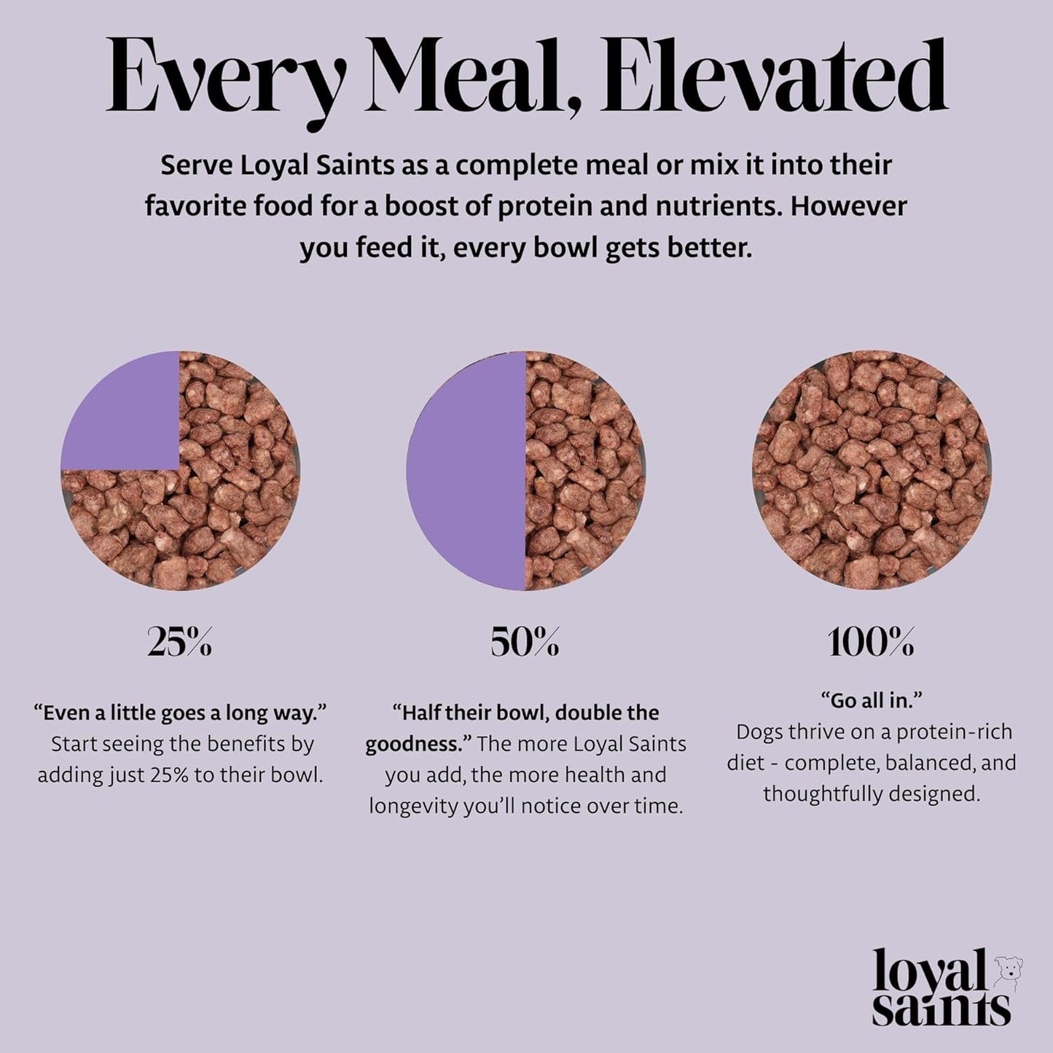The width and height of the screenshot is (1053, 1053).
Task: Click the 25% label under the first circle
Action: [x=179, y=643]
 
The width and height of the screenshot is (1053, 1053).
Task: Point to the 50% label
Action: [x=525, y=643]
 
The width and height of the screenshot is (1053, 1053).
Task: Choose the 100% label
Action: [x=871, y=643]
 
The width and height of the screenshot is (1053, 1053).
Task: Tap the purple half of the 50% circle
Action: [x=466, y=470]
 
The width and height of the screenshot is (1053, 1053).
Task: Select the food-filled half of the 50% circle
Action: [x=583, y=470]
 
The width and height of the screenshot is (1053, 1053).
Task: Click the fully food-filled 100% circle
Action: [x=872, y=470]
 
